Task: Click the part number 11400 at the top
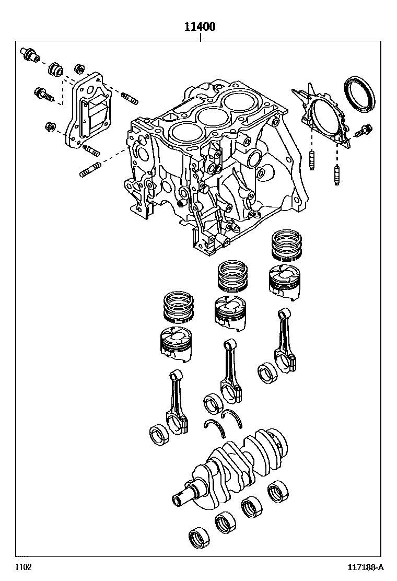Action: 199,27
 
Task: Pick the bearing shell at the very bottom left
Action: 198,537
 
